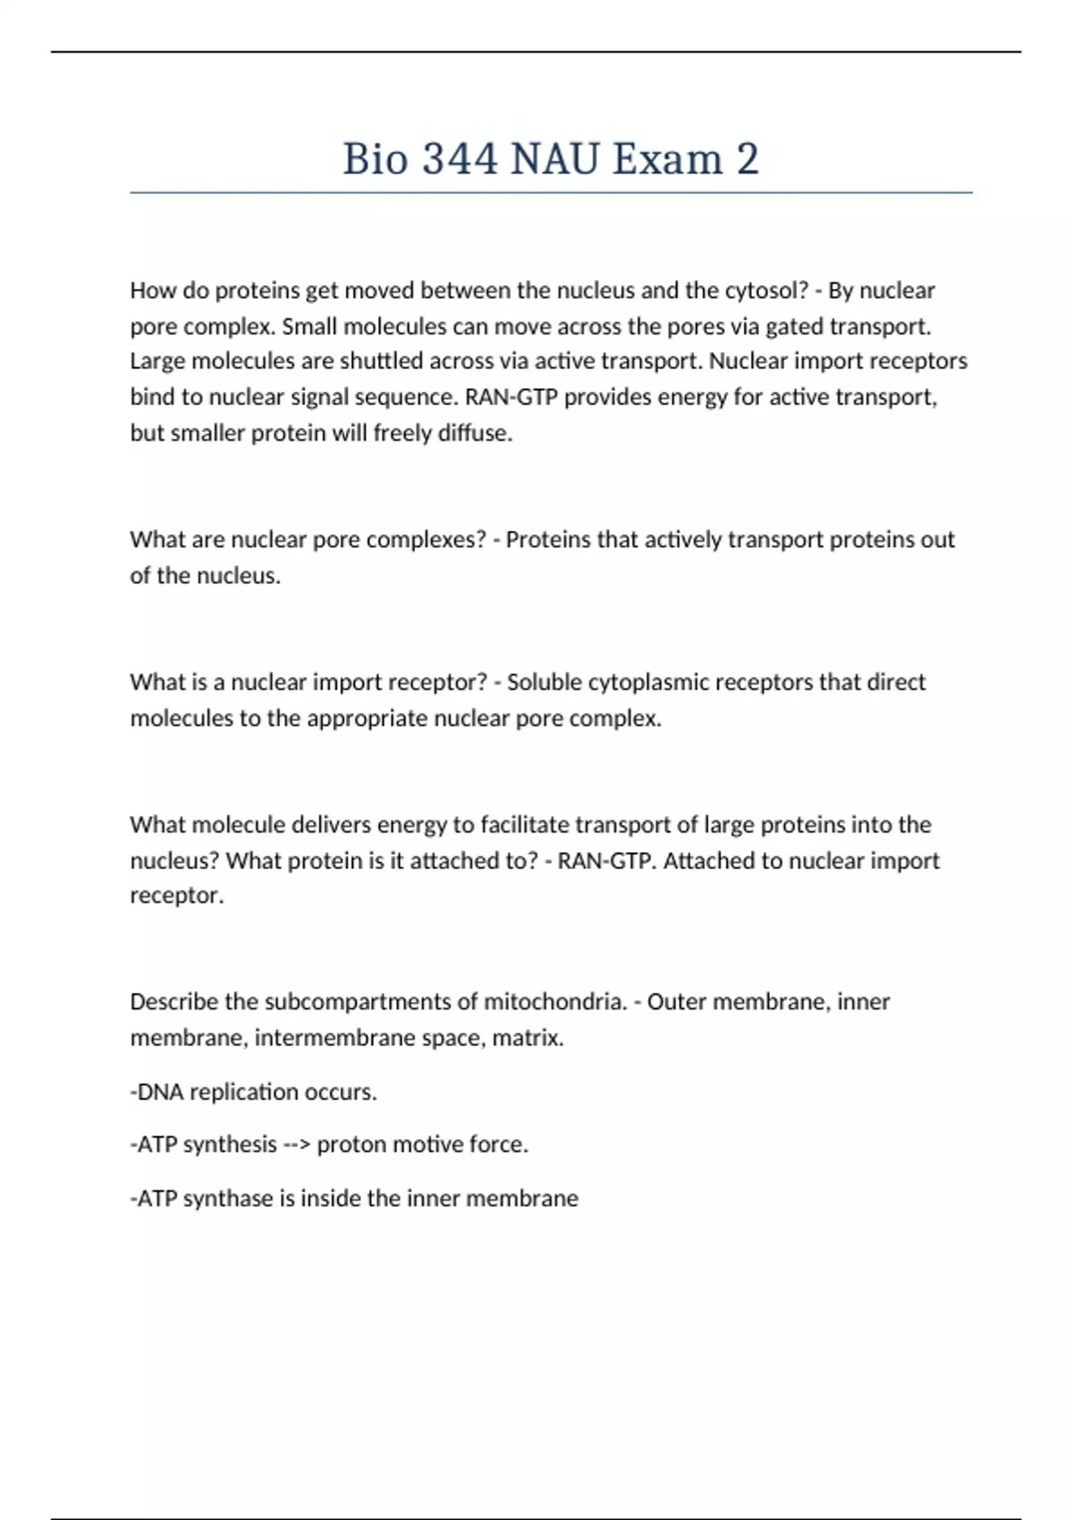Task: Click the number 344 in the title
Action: point(460,159)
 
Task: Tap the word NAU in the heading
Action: point(554,159)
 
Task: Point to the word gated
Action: point(794,326)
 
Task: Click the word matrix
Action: point(528,1038)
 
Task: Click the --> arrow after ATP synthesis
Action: point(297,1144)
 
